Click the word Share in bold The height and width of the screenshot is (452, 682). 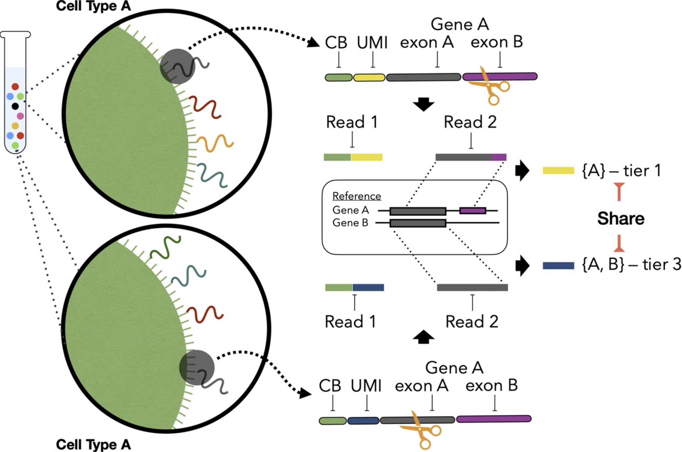(620, 219)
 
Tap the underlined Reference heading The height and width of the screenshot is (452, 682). (356, 196)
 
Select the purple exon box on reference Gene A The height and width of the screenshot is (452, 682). (473, 211)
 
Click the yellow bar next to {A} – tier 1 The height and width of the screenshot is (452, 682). (558, 170)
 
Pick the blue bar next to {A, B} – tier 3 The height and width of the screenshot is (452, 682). (558, 265)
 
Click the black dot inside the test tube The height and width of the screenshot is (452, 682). (15, 106)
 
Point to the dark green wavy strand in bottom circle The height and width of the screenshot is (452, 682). (165, 247)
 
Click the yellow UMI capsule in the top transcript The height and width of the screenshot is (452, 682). (369, 77)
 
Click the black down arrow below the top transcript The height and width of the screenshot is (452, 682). (423, 104)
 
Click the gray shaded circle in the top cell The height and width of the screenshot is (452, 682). (177, 66)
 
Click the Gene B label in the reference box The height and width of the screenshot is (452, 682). (350, 223)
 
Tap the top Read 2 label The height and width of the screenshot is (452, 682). (470, 122)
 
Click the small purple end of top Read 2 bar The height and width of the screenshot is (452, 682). (499, 157)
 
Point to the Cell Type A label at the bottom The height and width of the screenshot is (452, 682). (93, 444)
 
